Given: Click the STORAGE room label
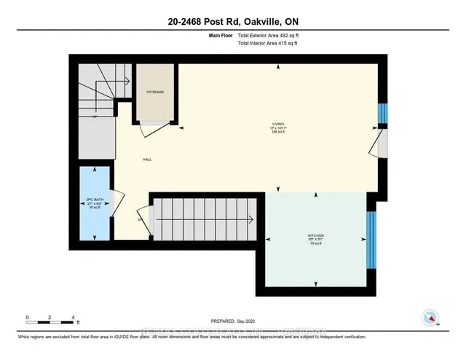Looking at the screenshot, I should pos(154,92).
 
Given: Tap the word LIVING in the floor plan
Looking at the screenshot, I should pos(276,125).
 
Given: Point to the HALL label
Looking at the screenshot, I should pos(146,160).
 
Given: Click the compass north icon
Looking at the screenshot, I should pos(430,318).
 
